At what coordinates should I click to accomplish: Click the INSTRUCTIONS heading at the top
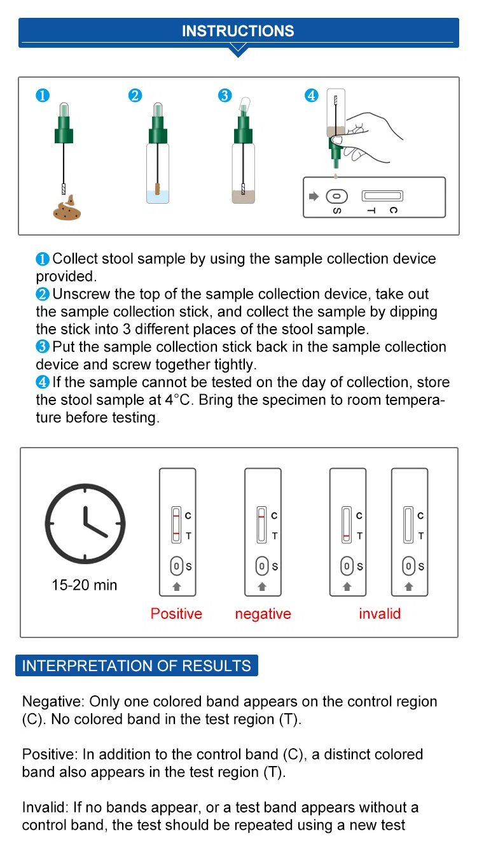point(238,31)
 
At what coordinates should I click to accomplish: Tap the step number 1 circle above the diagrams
point(42,96)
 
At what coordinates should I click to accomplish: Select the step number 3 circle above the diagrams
point(225,96)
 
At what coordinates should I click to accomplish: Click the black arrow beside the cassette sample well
point(313,196)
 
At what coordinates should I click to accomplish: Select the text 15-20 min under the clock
point(85,585)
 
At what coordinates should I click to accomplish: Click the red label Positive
point(176,614)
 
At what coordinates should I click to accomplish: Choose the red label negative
point(263,614)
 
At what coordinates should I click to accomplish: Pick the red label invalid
point(380,614)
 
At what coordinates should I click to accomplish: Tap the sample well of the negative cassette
point(261,565)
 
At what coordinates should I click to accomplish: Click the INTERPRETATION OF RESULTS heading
point(137,666)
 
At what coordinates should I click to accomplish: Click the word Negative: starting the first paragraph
point(53,702)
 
